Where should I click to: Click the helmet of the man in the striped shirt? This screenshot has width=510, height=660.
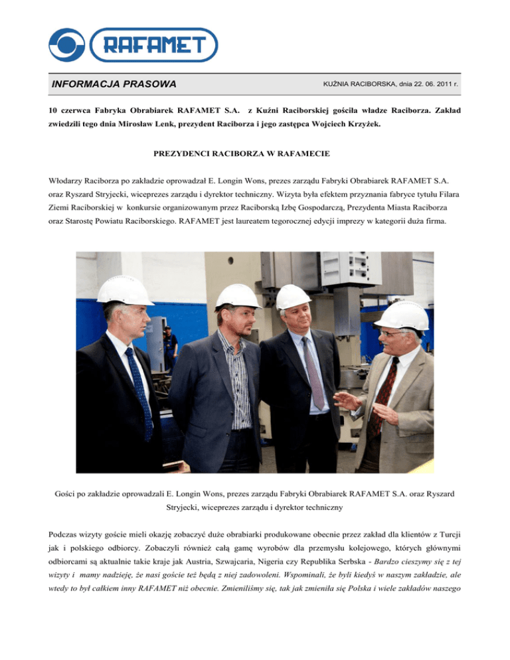238,296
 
